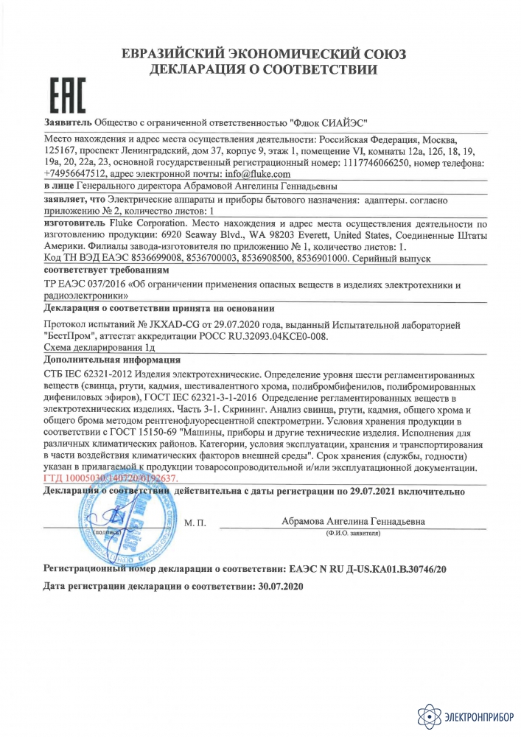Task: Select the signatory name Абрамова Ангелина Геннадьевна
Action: click(x=353, y=520)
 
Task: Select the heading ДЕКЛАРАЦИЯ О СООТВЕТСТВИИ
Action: click(x=263, y=71)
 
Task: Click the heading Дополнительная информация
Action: click(x=112, y=360)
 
